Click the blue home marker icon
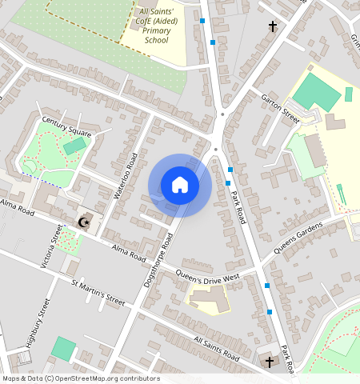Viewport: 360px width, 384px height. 180,185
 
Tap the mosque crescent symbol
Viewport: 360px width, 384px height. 82,222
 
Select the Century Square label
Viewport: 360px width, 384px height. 66,127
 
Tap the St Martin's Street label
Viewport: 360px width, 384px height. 98,293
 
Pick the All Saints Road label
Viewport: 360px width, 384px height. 216,347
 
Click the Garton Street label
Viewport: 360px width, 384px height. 280,109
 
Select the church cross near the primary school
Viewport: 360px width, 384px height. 272,27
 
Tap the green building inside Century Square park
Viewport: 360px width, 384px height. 74,146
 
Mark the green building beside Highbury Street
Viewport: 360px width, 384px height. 63,349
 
